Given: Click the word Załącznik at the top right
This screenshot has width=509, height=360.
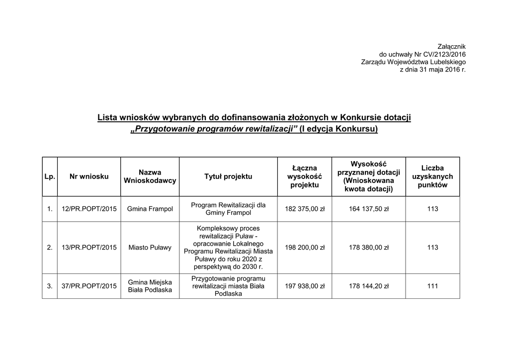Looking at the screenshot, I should pyautogui.click(x=450, y=46).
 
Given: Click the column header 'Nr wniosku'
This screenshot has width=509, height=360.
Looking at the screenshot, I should pyautogui.click(x=89, y=177).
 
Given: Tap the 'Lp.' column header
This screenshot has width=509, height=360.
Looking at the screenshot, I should pyautogui.click(x=50, y=177).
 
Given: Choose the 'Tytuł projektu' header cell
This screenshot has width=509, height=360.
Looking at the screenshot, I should pyautogui.click(x=228, y=177).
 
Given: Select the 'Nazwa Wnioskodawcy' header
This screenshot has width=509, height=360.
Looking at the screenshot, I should pyautogui.click(x=150, y=177).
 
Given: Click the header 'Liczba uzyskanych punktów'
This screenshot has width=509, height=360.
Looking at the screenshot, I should pyautogui.click(x=432, y=177).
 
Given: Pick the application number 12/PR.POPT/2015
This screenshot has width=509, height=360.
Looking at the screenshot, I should pyautogui.click(x=89, y=209).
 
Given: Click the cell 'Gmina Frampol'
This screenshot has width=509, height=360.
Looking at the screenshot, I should pyautogui.click(x=150, y=209).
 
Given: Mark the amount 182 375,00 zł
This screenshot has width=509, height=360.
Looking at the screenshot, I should pyautogui.click(x=305, y=209).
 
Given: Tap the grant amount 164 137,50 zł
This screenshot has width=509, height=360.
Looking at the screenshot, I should pyautogui.click(x=369, y=209).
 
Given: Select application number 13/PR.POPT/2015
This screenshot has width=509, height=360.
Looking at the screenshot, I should pyautogui.click(x=89, y=247).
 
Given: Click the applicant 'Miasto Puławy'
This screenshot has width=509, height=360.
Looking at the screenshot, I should pyautogui.click(x=150, y=247).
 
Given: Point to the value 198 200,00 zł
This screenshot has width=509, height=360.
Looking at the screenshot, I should pyautogui.click(x=305, y=247).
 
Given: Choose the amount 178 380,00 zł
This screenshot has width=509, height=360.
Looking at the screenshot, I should pyautogui.click(x=369, y=247).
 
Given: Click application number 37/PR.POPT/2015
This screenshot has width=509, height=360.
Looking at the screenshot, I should pyautogui.click(x=89, y=286).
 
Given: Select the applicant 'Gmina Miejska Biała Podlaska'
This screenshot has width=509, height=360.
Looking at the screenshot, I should pyautogui.click(x=150, y=286).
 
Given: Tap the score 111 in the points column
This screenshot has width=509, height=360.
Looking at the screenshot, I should pyautogui.click(x=432, y=286).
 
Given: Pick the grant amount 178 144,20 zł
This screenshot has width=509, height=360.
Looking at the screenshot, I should pyautogui.click(x=369, y=286).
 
